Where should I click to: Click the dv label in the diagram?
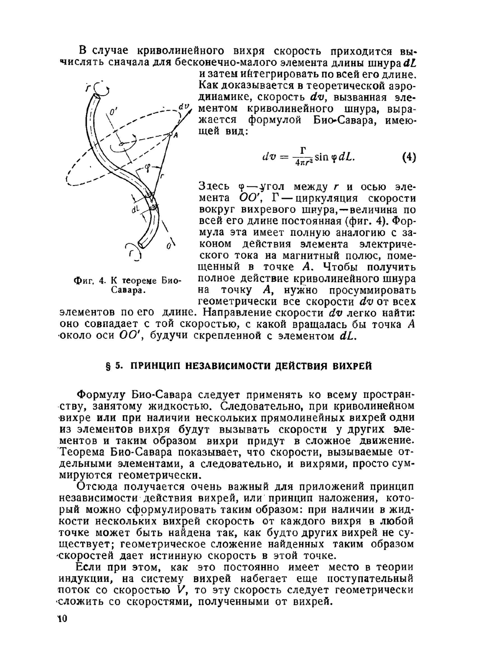tap(183, 107)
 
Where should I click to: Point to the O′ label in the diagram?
tap(113, 113)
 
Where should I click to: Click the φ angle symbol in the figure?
tap(146, 168)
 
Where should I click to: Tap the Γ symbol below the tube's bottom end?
tap(133, 254)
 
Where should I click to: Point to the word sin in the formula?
tap(321, 157)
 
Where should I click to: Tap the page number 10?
tap(62, 619)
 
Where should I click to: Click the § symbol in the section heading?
tap(108, 366)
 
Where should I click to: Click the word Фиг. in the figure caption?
tap(83, 281)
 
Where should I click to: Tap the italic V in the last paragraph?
tap(182, 590)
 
